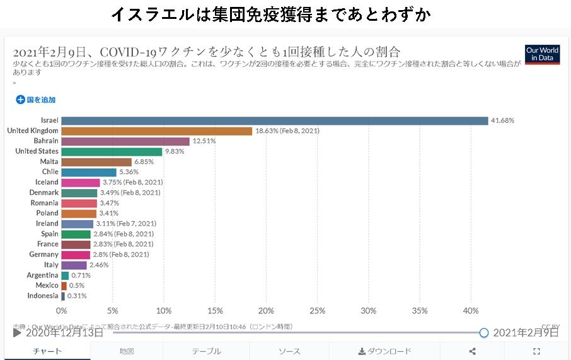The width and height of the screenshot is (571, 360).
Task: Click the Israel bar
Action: click(x=274, y=120)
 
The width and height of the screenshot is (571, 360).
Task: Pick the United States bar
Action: click(x=112, y=151)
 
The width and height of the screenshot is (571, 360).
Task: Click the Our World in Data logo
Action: click(x=542, y=54)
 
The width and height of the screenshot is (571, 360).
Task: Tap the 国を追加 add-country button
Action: click(x=36, y=100)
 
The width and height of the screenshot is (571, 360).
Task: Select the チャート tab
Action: click(x=47, y=351)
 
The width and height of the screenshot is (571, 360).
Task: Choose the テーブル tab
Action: click(x=206, y=351)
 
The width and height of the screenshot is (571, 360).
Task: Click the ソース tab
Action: click(x=289, y=351)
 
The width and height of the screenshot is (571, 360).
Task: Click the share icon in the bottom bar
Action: click(x=473, y=351)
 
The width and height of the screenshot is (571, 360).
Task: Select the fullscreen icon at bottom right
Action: click(x=537, y=351)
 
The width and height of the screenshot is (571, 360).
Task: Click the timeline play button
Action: click(x=17, y=332)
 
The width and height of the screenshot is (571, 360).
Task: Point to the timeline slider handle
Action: click(x=484, y=332)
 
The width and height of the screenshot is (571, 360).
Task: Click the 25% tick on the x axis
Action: click(x=317, y=311)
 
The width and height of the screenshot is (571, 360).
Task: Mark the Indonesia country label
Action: click(x=43, y=296)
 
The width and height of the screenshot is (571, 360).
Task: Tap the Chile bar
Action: click(x=89, y=172)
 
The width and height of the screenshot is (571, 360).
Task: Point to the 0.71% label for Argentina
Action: click(x=81, y=276)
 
